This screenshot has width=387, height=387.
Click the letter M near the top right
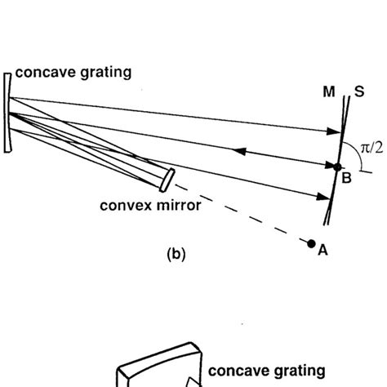point(327,94)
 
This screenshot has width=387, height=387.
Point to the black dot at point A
point(311,242)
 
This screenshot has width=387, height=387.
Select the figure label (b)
point(176,254)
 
